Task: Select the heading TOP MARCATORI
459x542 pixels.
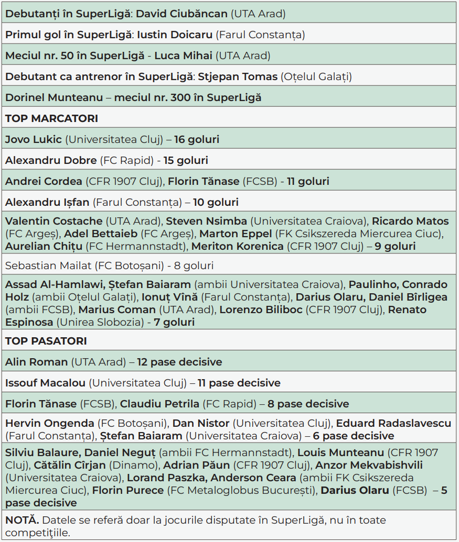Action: click(x=51, y=118)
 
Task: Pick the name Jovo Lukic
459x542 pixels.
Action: click(x=34, y=139)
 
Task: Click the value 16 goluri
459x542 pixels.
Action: click(x=197, y=139)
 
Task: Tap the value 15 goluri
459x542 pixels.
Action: click(x=186, y=160)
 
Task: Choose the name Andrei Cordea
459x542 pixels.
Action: click(x=44, y=181)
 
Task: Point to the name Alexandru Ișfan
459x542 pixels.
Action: click(x=47, y=202)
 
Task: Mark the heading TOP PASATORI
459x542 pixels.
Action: click(x=46, y=341)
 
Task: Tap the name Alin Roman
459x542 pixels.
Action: click(x=36, y=362)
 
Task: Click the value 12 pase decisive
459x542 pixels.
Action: click(x=180, y=362)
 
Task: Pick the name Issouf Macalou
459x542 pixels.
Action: click(x=45, y=383)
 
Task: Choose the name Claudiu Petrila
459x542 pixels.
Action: click(x=159, y=404)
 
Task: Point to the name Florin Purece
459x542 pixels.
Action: click(x=128, y=491)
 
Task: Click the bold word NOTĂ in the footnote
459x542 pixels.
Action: click(x=22, y=520)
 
